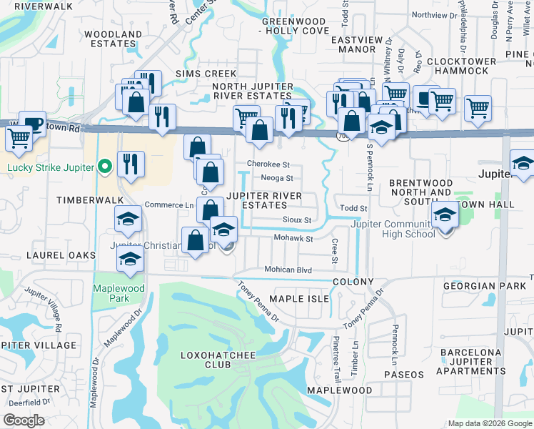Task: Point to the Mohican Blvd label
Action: point(288,270)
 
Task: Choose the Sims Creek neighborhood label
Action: point(206,74)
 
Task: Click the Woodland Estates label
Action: point(113,39)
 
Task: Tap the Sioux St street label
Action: point(297,220)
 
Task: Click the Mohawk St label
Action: point(294,238)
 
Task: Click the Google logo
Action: point(24,420)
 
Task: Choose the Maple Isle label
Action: point(298,298)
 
